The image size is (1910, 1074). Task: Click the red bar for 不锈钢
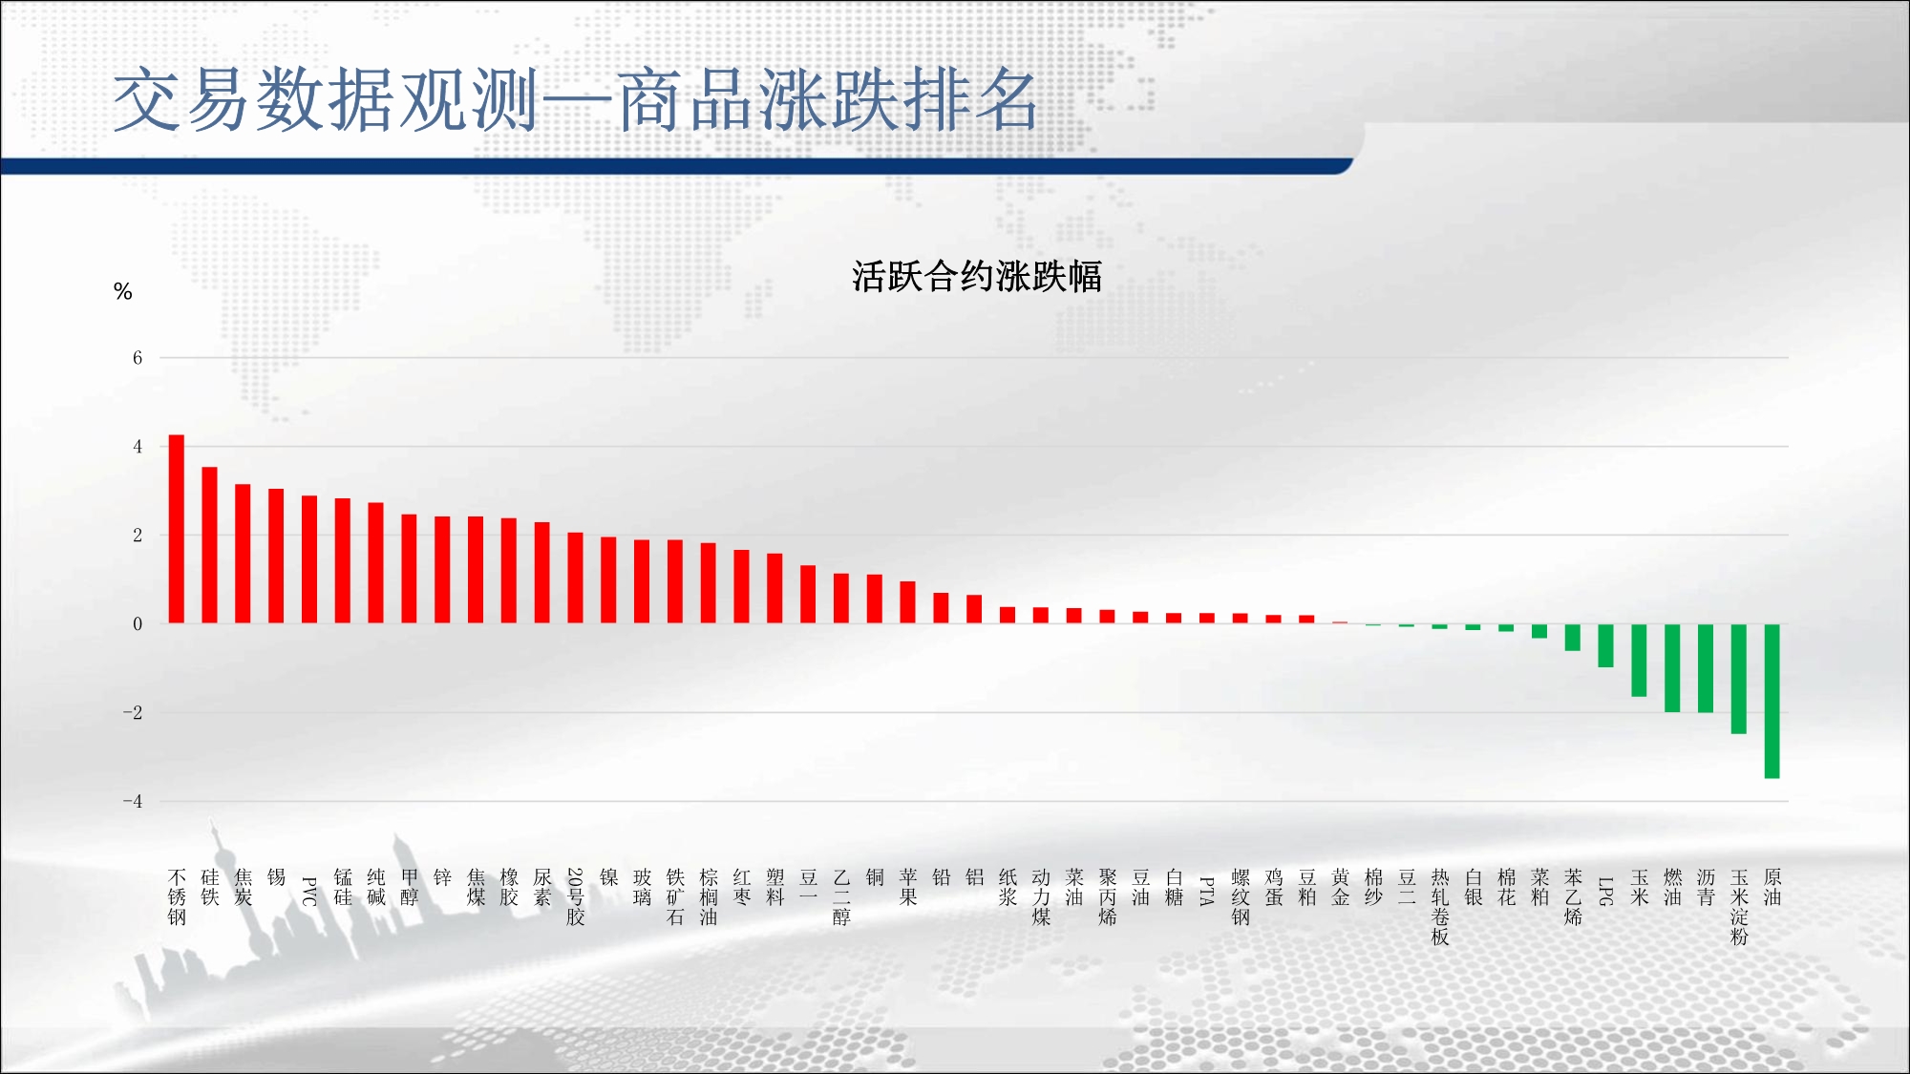pos(177,529)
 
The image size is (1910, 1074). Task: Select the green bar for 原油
pos(1772,701)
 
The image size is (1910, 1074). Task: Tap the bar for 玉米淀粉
pos(1739,679)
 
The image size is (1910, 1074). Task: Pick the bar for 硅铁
pos(210,545)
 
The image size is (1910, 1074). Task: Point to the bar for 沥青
pos(1706,668)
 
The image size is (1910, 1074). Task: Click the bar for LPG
pos(1606,645)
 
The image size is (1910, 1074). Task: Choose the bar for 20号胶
pos(575,578)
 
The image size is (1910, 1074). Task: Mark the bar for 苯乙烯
pos(1573,638)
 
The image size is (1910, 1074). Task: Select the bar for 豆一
pos(808,595)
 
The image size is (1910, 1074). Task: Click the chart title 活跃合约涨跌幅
pos(977,277)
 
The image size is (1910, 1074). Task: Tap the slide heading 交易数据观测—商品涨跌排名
pos(576,100)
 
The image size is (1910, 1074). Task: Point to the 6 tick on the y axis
pos(138,358)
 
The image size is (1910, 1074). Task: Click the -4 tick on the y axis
pos(133,801)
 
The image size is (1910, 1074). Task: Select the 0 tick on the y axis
pos(138,624)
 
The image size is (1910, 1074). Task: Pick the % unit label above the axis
pos(122,291)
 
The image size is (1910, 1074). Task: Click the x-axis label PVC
pos(309,892)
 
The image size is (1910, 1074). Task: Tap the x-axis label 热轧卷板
pos(1440,907)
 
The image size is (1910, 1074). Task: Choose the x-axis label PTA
pos(1207,892)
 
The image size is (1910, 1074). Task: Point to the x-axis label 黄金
pos(1341,887)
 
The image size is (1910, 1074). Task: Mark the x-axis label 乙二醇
pos(841,897)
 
